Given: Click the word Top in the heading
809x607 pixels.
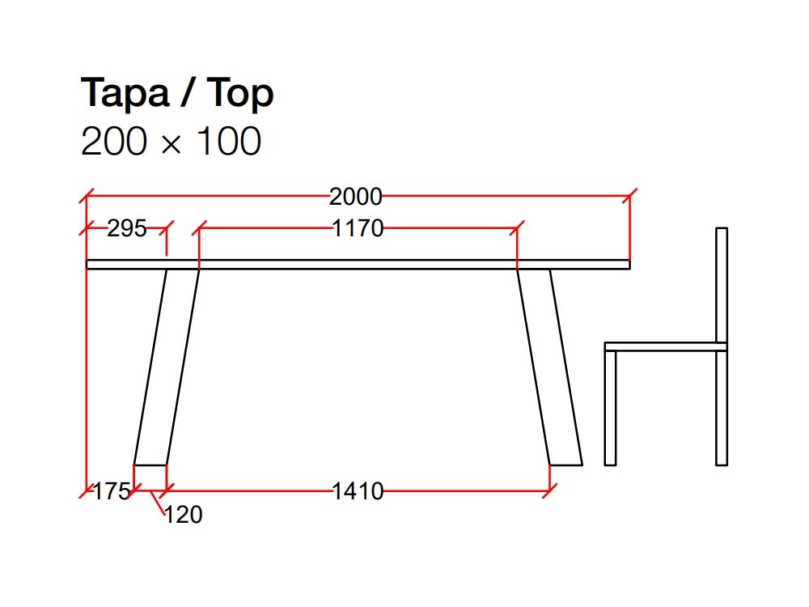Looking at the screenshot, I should point(241,96).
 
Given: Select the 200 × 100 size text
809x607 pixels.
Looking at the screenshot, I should point(171,142).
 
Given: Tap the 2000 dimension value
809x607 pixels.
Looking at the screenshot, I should point(355,197).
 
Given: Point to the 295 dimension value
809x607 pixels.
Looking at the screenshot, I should point(127,229).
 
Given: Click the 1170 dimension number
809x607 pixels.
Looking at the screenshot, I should point(358,229).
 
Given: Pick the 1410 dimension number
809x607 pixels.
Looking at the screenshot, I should point(358,490).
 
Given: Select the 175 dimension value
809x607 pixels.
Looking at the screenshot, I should point(112,490).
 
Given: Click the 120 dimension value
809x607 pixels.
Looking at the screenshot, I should point(184,515).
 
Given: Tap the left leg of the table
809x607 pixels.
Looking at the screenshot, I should point(167,364).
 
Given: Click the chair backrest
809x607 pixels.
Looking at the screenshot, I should point(722,283).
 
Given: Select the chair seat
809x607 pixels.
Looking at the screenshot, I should point(665,346).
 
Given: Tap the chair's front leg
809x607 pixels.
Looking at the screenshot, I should point(610,409).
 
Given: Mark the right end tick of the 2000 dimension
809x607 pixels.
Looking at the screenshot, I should point(630,196).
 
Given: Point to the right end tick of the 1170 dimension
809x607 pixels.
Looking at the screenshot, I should point(518,228).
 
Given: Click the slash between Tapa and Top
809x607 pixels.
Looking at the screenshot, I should point(187,95).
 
